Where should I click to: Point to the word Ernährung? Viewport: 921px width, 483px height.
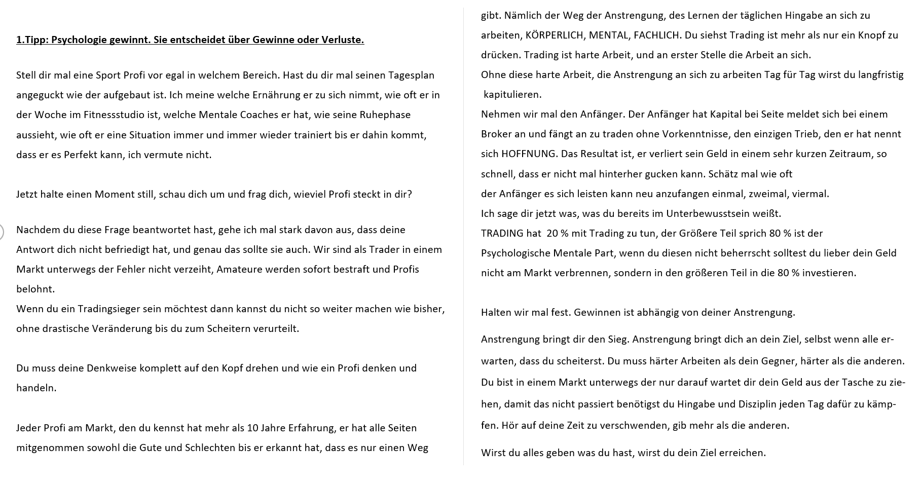click(249, 95)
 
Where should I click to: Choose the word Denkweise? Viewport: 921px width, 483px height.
click(111, 368)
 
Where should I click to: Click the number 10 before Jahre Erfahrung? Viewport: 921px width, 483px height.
click(253, 428)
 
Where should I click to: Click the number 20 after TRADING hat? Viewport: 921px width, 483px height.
click(552, 233)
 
